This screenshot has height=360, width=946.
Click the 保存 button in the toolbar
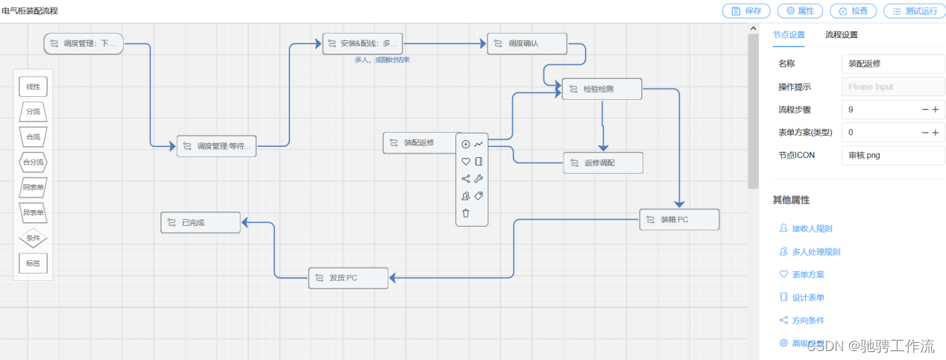[746, 11]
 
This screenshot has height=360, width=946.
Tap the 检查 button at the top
[853, 11]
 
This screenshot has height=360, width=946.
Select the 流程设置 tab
[841, 34]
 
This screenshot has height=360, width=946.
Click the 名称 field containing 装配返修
[892, 64]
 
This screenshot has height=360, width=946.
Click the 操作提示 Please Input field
[892, 86]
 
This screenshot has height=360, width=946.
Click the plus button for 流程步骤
[936, 110]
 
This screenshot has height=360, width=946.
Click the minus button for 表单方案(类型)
[925, 133]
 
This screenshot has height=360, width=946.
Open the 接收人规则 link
[811, 229]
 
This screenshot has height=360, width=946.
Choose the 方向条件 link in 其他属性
[807, 320]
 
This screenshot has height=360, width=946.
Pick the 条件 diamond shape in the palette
[33, 238]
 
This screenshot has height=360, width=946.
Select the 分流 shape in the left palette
[33, 112]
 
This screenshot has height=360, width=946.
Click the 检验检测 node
[602, 89]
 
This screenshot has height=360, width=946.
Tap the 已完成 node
[201, 222]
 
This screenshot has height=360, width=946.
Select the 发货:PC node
[348, 278]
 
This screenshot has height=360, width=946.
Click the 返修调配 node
[603, 162]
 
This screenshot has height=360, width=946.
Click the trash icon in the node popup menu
[466, 213]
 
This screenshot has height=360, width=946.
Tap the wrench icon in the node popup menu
[479, 178]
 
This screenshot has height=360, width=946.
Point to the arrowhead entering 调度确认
[482, 43]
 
